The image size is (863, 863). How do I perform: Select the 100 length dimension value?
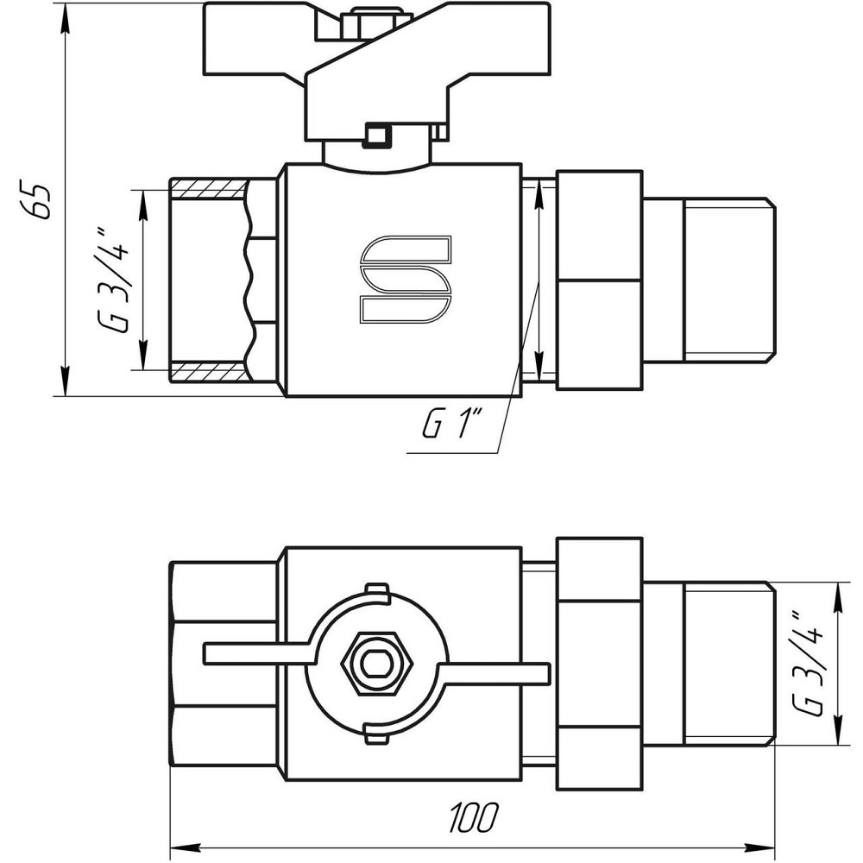click(473, 814)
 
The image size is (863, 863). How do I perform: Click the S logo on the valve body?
click(405, 279)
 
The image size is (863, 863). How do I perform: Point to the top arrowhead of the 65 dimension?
click(66, 10)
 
